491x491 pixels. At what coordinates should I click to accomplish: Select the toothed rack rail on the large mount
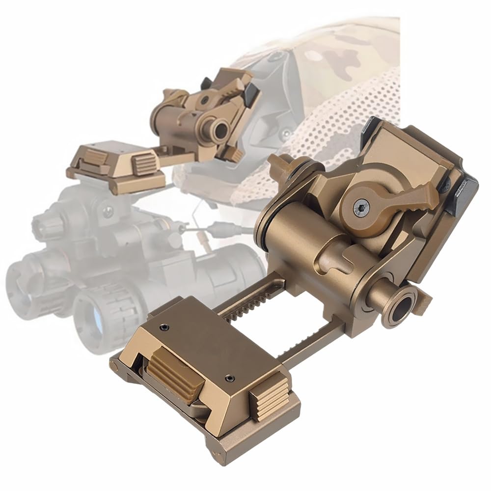245,300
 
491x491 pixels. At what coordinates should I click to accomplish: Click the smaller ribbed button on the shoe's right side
269,398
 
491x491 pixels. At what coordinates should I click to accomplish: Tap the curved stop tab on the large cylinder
344,259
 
